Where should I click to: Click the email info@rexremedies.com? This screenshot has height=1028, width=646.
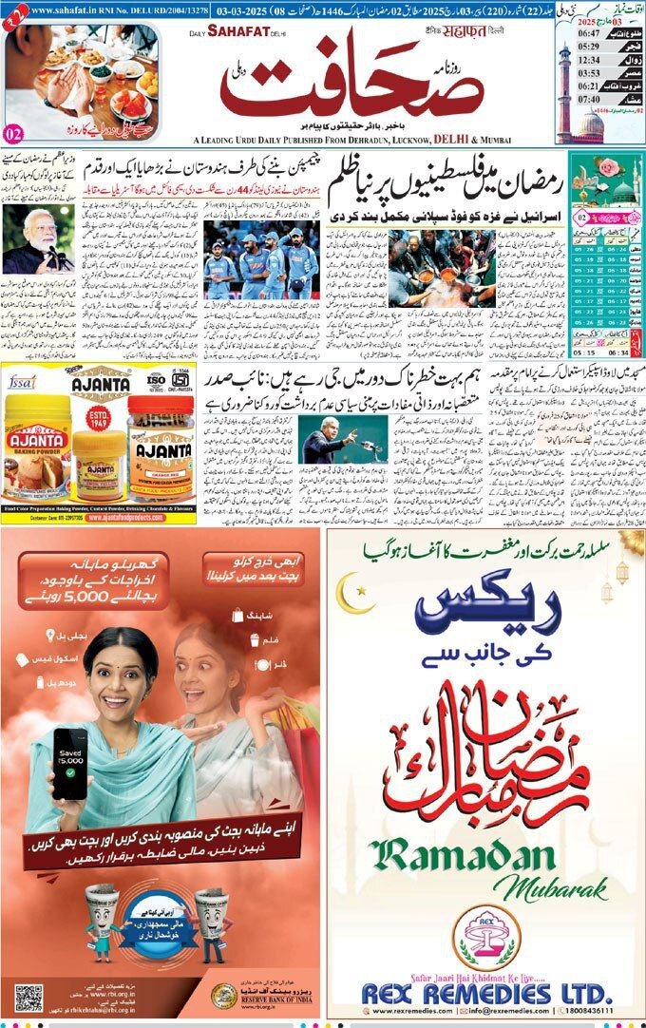coord(512,1010)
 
